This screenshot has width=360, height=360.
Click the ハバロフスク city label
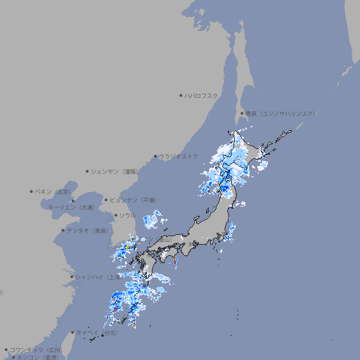[202, 95]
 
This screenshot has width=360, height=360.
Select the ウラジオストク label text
[179, 156]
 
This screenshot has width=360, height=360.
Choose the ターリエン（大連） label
[71, 207]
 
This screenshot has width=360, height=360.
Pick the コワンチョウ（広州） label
[36, 349]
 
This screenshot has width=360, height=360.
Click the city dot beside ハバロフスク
[181, 95]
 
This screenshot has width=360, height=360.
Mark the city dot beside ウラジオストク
[155, 156]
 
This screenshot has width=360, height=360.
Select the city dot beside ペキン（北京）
[32, 191]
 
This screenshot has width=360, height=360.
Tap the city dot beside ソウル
[115, 215]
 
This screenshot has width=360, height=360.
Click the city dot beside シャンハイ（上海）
[72, 277]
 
